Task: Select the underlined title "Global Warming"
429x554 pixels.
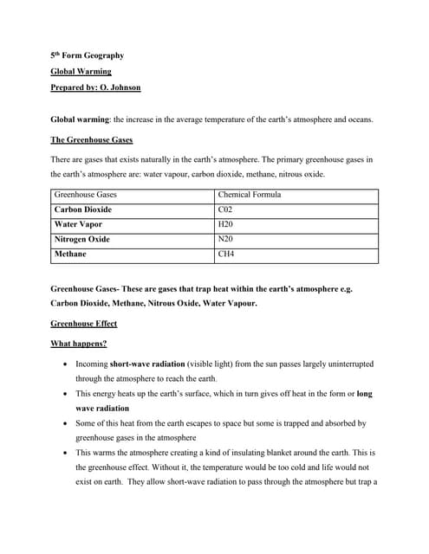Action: (81, 72)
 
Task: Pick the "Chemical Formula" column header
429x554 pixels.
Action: (250, 195)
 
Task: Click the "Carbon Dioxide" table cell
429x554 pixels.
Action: (83, 209)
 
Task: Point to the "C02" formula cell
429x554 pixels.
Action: (226, 209)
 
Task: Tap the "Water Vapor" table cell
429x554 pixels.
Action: (78, 224)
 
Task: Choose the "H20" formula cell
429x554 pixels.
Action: (226, 224)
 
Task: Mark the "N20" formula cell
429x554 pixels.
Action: (226, 239)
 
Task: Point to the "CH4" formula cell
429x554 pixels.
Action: (227, 254)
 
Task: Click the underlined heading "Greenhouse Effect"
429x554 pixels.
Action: (84, 324)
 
